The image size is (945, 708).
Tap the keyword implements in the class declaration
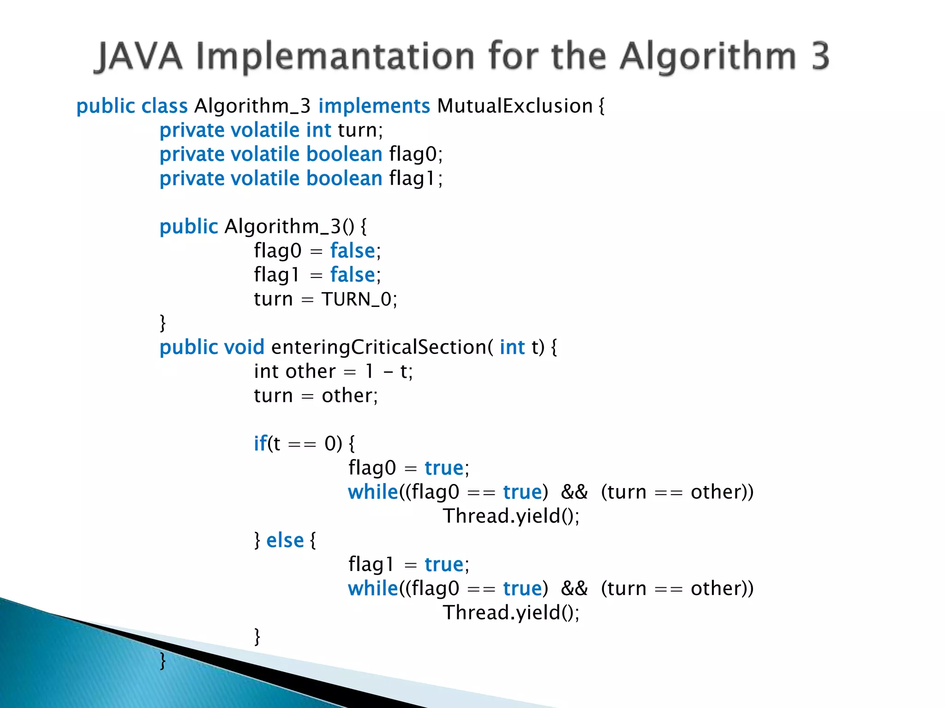pos(374,106)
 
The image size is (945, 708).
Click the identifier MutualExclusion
pos(514,106)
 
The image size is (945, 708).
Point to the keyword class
pos(164,106)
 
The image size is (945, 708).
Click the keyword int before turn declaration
pos(318,130)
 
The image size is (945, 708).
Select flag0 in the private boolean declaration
pos(413,154)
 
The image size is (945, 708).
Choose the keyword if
pos(260,443)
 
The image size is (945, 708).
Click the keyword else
pos(285,540)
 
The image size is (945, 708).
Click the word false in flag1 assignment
pos(353,275)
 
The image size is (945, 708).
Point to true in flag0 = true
pos(444,468)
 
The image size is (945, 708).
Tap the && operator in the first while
pos(574,492)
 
